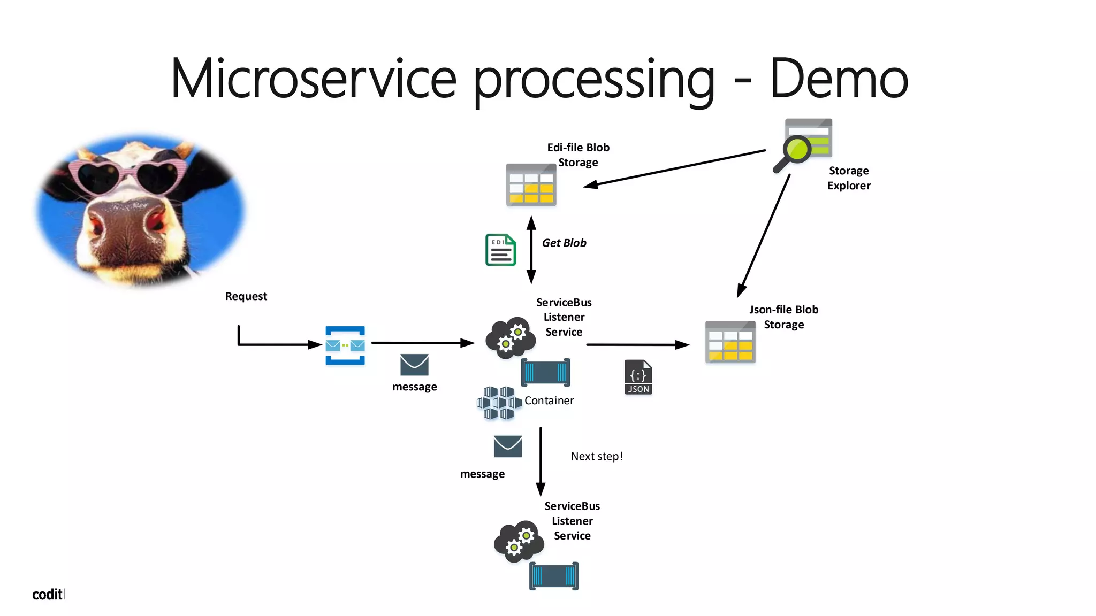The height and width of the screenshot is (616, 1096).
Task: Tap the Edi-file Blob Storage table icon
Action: pyautogui.click(x=531, y=185)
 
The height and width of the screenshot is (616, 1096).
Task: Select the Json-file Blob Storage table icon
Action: pyautogui.click(x=730, y=342)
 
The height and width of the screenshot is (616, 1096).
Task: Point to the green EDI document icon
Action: pyautogui.click(x=500, y=250)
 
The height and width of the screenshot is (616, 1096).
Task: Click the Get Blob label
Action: pyautogui.click(x=564, y=243)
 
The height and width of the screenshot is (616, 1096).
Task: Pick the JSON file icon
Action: pyautogui.click(x=638, y=378)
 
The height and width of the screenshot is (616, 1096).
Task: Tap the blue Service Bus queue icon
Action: pyautogui.click(x=345, y=345)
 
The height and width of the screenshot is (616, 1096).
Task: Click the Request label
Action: pyautogui.click(x=246, y=296)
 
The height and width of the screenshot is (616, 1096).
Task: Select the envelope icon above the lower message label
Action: pyautogui.click(x=507, y=446)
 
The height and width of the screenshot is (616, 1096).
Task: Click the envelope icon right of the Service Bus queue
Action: pyautogui.click(x=414, y=365)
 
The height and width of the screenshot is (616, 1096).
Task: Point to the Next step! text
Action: pyautogui.click(x=597, y=456)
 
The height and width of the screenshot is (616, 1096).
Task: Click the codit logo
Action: pyautogui.click(x=48, y=595)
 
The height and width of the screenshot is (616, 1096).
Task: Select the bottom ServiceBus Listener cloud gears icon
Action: pyautogui.click(x=519, y=541)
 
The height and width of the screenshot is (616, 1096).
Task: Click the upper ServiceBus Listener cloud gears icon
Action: pyautogui.click(x=510, y=337)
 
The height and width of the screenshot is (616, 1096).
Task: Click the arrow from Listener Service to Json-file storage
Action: pyautogui.click(x=637, y=345)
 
